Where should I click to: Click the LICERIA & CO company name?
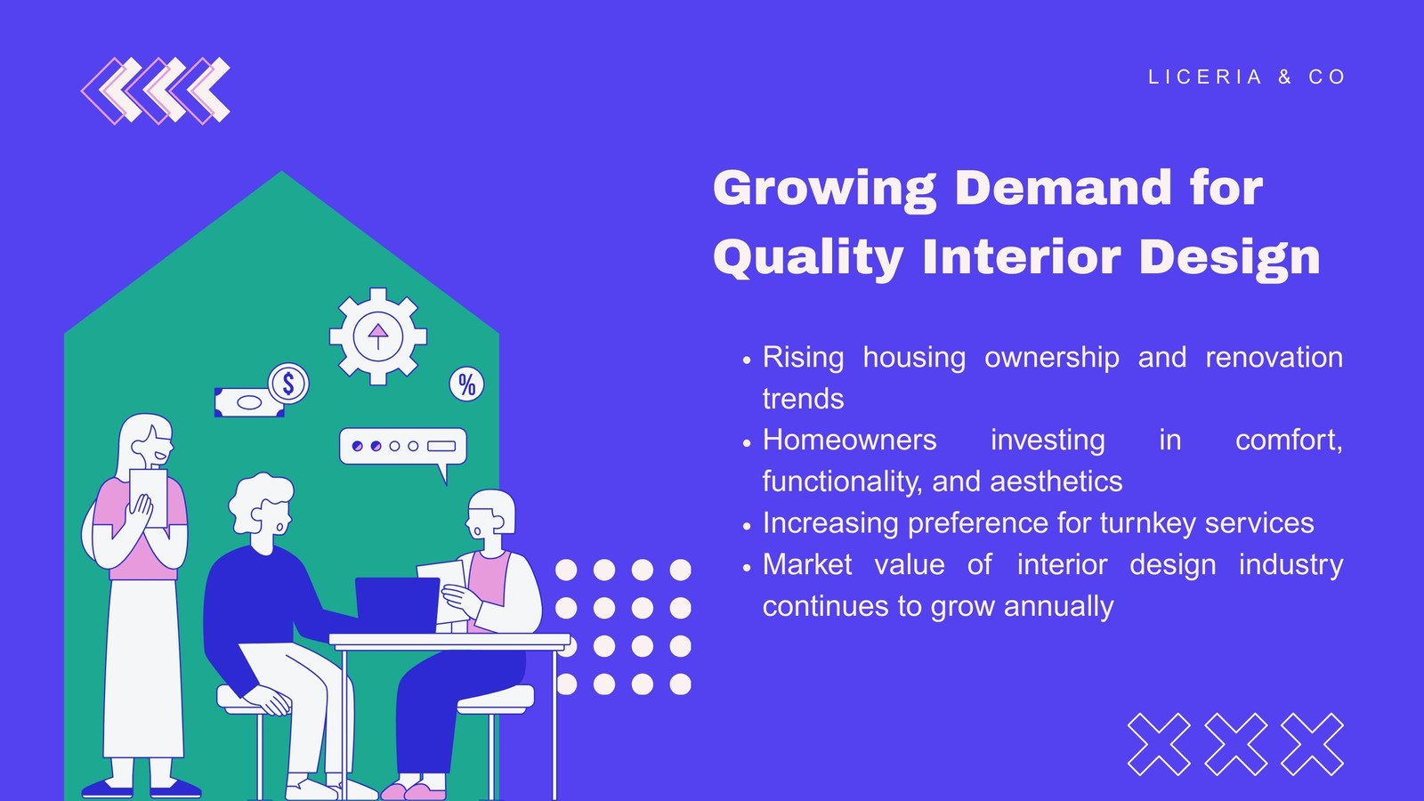pos(1247,77)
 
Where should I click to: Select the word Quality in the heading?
pos(808,258)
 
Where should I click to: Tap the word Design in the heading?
pos(1229,258)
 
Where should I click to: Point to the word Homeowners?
pos(849,440)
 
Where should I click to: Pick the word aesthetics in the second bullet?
pos(1056,481)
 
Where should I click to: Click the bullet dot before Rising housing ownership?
pos(747,360)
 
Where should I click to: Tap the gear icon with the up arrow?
pos(377,336)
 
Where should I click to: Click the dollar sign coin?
pos(288,384)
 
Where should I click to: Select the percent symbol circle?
pos(466,384)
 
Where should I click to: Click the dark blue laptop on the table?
pos(397,605)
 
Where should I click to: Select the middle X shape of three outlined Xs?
pos(1236,744)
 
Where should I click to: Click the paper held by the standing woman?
pos(148,498)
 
